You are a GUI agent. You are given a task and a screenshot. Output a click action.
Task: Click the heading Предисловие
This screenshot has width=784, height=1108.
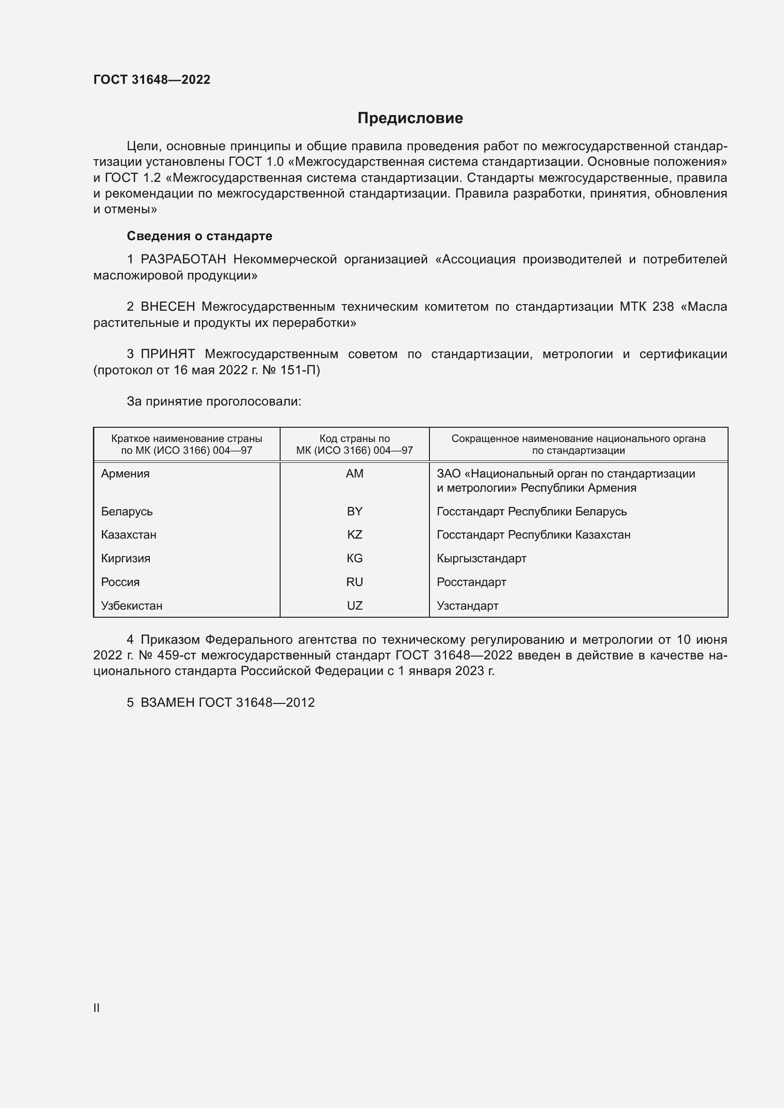click(x=410, y=118)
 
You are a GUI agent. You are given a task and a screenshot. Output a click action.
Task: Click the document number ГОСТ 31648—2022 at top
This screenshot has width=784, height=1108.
click(x=152, y=80)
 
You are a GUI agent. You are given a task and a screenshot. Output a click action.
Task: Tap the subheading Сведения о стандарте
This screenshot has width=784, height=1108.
click(x=200, y=236)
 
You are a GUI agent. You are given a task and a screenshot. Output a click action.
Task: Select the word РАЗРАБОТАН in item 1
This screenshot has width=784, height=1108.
click(x=183, y=260)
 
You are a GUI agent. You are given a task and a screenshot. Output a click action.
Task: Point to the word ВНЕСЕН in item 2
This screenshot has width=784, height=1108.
click(x=168, y=307)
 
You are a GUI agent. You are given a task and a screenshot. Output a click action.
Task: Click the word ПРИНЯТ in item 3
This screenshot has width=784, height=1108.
click(x=168, y=354)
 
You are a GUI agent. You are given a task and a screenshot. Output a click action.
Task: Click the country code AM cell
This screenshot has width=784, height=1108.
click(x=355, y=474)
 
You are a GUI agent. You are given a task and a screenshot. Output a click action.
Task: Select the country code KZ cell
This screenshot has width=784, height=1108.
click(x=355, y=535)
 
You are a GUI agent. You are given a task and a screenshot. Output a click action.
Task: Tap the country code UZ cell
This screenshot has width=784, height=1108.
click(x=355, y=606)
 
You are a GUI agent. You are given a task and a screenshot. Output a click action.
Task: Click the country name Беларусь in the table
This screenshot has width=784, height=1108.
click(x=127, y=512)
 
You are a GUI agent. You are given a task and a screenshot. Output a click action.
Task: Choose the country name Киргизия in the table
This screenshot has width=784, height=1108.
click(x=126, y=559)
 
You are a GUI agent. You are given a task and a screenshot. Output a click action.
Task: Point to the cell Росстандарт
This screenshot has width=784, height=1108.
click(x=471, y=582)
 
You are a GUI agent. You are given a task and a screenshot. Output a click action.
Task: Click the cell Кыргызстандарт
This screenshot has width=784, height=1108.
click(x=481, y=559)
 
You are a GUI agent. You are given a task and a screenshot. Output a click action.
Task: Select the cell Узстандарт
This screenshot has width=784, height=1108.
click(x=467, y=606)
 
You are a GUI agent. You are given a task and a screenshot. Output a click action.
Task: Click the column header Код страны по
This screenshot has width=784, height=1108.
click(x=355, y=439)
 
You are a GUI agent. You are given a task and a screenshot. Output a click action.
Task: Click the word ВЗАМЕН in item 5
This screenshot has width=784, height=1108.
click(x=167, y=703)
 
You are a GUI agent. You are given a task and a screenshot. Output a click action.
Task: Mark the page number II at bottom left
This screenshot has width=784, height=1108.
click(x=97, y=1008)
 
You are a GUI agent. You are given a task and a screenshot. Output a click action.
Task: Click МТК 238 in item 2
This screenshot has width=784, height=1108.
click(x=647, y=307)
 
